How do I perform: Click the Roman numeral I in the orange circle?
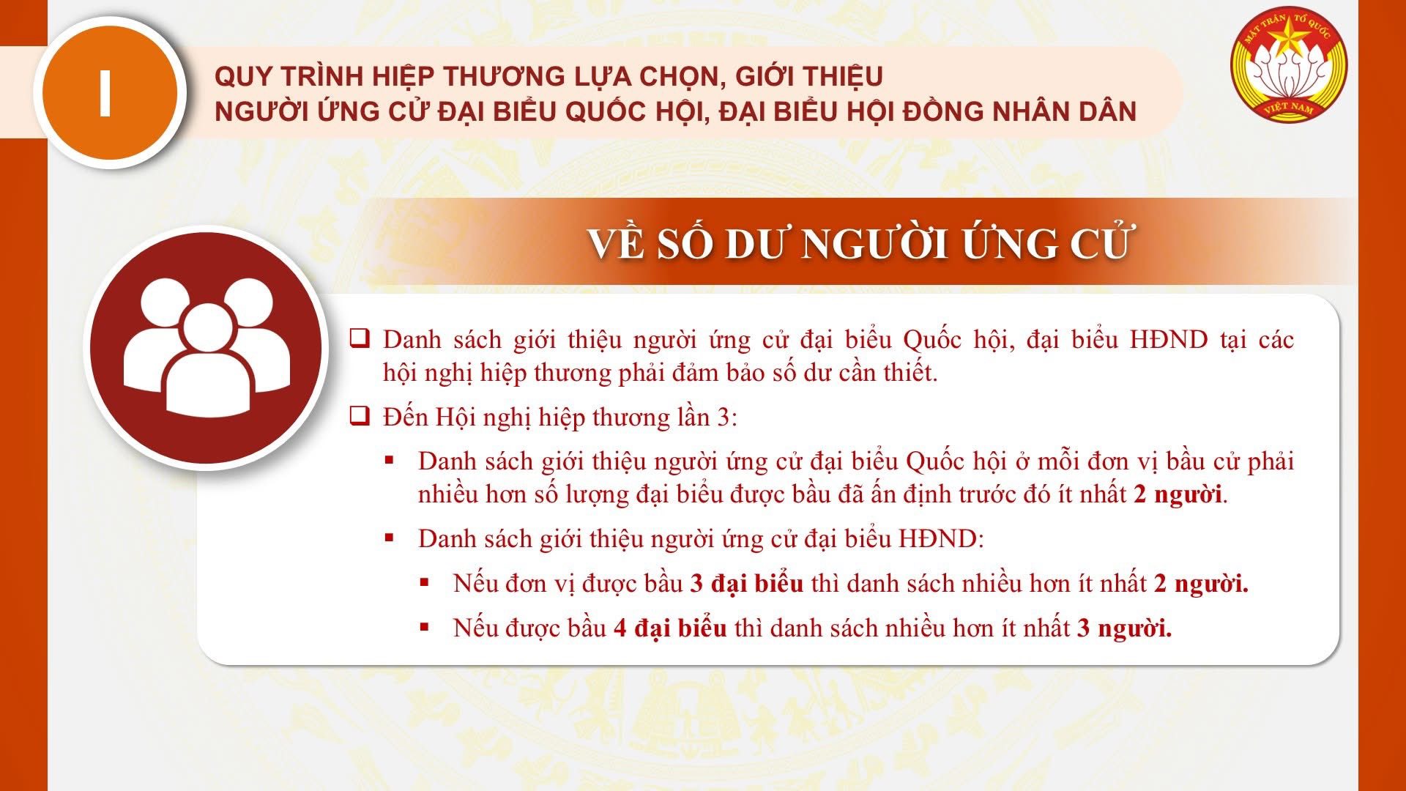(105, 94)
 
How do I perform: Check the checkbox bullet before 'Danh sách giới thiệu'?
(360, 339)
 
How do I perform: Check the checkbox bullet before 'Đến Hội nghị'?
(360, 417)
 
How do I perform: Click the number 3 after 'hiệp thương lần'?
(724, 417)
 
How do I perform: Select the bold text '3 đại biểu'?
(747, 584)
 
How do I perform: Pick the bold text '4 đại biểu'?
(670, 628)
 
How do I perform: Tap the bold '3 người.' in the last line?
(1124, 628)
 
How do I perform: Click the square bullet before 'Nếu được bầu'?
(424, 627)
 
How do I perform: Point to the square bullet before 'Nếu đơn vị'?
(424, 582)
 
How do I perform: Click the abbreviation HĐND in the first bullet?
(1169, 340)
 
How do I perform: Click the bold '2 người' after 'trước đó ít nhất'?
(1178, 494)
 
